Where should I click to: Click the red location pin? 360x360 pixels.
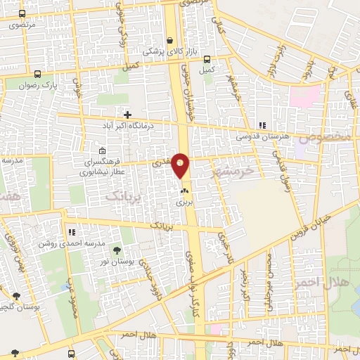click(181, 165)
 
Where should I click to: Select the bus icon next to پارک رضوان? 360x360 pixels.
click(37, 73)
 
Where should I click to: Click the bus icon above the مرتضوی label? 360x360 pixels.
click(22, 14)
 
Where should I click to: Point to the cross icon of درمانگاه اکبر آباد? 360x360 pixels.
click(127, 114)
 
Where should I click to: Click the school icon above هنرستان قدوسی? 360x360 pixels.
click(262, 126)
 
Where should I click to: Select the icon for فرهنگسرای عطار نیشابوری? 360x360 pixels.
click(103, 150)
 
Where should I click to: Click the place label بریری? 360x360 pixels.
click(184, 201)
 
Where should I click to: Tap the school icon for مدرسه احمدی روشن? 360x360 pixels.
click(72, 232)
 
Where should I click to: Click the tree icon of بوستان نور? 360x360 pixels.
click(116, 250)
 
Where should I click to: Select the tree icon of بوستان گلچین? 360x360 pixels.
click(15, 296)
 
